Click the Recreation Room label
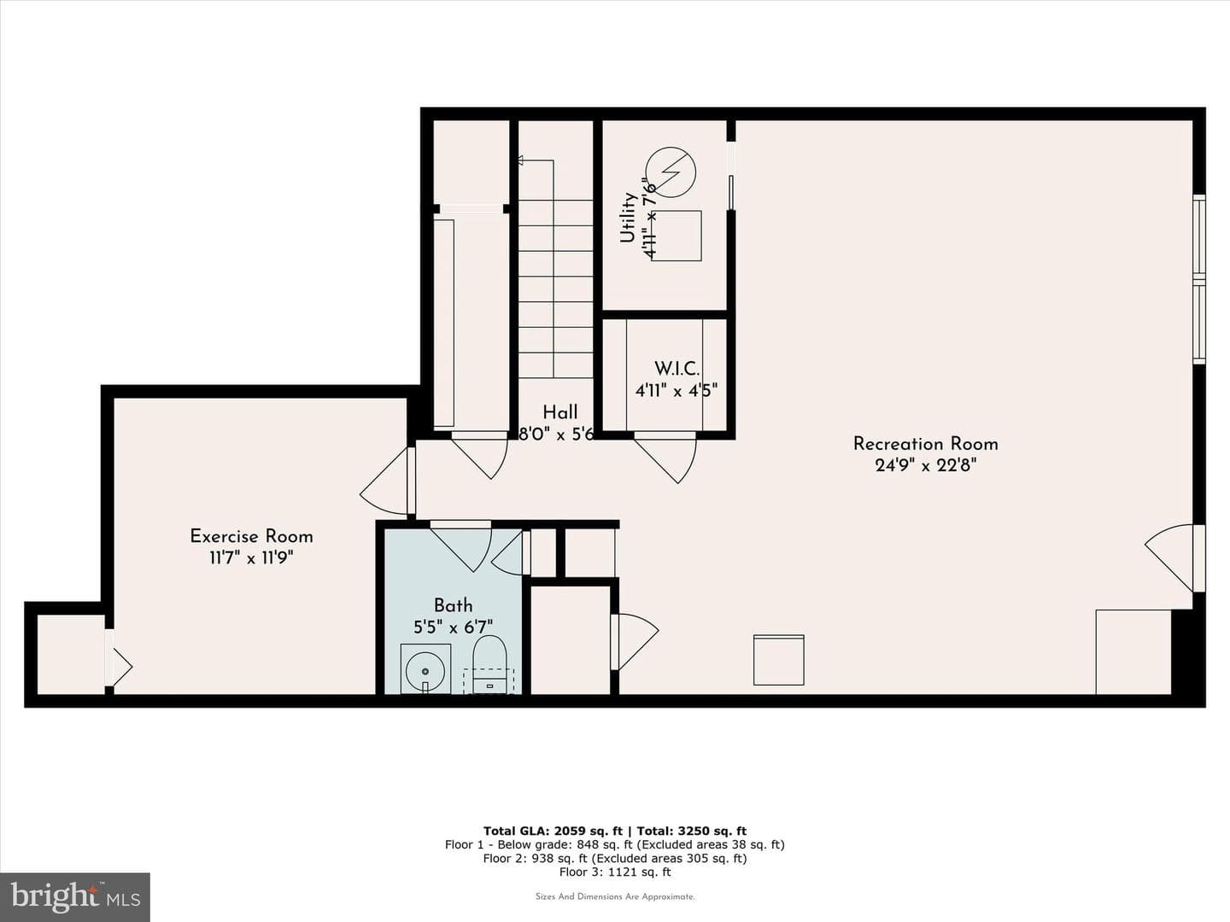point(925,444)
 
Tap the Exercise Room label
point(251,536)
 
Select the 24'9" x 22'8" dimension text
point(925,465)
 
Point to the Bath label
point(453,605)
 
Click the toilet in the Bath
point(489,663)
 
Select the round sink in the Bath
point(425,670)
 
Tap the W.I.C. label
point(676,369)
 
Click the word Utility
point(628,218)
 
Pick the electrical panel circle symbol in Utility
point(671,172)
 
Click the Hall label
point(559,412)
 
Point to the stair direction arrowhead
point(520,160)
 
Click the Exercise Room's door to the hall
point(387,481)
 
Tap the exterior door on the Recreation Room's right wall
point(1174,557)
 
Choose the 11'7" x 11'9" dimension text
point(251,557)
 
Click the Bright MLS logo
point(75,897)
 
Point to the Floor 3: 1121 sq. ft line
point(615,872)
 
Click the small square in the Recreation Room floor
point(778,659)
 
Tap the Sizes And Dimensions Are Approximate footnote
point(615,896)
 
